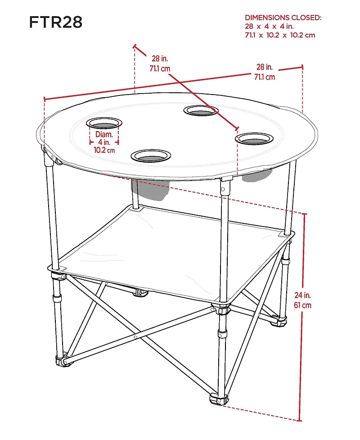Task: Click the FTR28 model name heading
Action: click(56, 22)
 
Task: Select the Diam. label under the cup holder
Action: click(104, 134)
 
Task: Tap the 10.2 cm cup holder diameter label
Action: click(104, 150)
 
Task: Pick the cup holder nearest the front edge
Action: click(151, 156)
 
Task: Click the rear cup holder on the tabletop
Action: click(201, 110)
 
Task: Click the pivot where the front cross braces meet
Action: click(135, 337)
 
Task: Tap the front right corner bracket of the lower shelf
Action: click(220, 309)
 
